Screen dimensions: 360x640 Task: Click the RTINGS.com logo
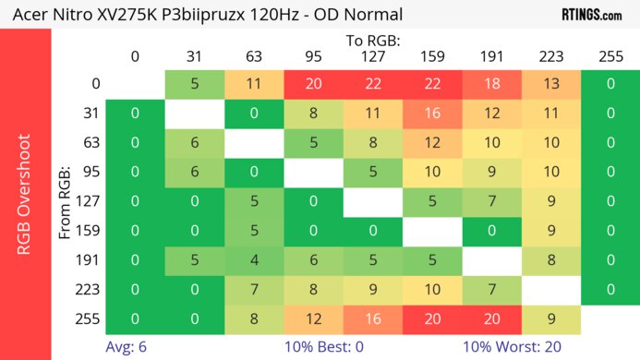(x=591, y=14)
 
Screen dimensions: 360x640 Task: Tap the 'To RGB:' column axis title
(x=372, y=42)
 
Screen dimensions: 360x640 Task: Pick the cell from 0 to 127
(x=373, y=84)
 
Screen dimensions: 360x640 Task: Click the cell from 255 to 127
(x=373, y=319)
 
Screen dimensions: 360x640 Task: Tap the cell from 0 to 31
(x=195, y=84)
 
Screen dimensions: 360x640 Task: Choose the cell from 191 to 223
(x=551, y=260)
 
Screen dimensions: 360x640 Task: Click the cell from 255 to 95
(x=314, y=319)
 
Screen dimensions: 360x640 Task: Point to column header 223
(x=551, y=57)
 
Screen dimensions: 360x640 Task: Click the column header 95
(x=314, y=57)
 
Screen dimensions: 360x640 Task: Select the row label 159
(x=90, y=232)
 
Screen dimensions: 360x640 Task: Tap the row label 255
(x=90, y=319)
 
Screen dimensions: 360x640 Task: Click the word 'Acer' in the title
(x=30, y=15)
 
